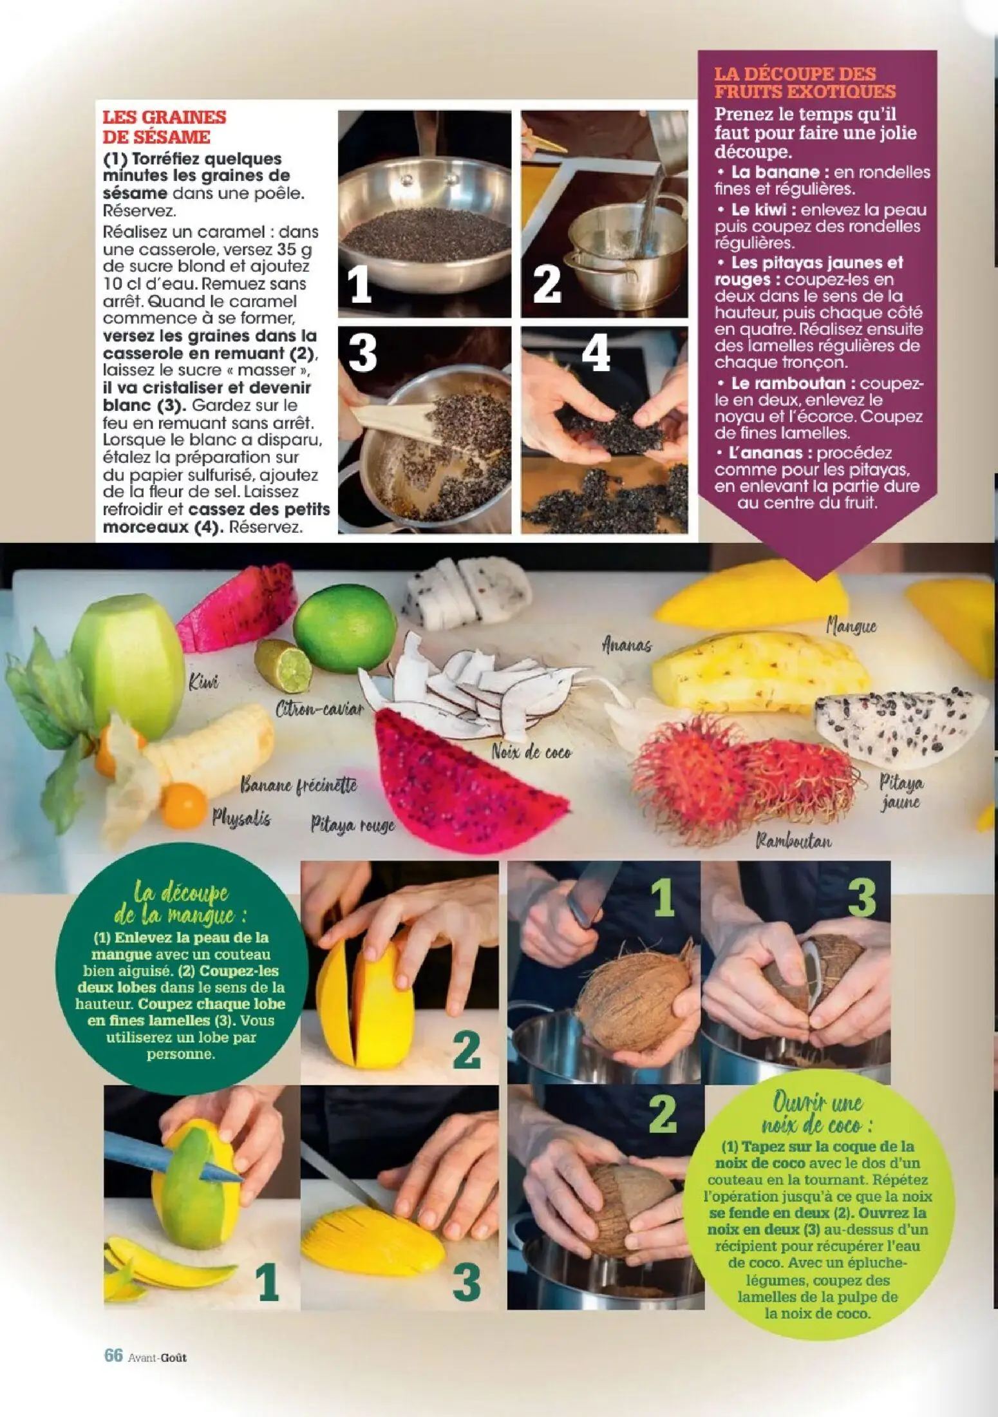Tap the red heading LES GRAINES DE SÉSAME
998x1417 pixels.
click(x=164, y=127)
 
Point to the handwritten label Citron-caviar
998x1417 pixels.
click(x=319, y=710)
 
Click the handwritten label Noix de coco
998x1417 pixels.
click(x=531, y=751)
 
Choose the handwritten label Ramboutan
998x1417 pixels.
click(x=793, y=841)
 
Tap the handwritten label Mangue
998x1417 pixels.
click(x=851, y=626)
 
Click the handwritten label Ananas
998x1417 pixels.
click(x=626, y=644)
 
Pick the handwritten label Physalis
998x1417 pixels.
click(x=241, y=818)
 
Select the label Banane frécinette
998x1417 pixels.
click(x=298, y=785)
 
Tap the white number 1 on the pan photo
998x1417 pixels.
click(x=359, y=286)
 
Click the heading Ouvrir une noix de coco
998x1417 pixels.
click(x=817, y=1114)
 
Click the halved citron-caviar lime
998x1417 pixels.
click(x=284, y=663)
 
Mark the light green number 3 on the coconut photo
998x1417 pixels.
click(x=861, y=898)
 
